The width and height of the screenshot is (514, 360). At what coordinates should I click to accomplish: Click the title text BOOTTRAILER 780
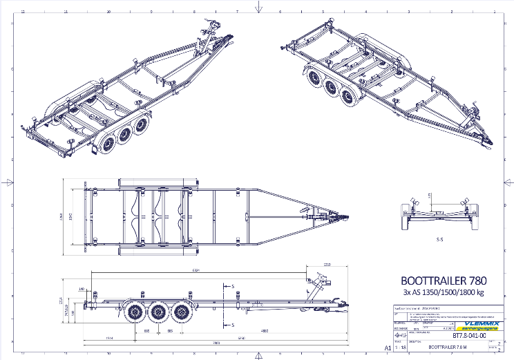[444, 281]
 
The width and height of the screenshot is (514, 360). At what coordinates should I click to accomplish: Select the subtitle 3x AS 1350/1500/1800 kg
[444, 293]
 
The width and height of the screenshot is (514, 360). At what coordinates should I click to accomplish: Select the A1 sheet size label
[388, 349]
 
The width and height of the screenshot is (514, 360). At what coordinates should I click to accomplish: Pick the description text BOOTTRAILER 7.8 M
[447, 348]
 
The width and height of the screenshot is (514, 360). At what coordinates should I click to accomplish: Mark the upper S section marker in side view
[233, 285]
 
